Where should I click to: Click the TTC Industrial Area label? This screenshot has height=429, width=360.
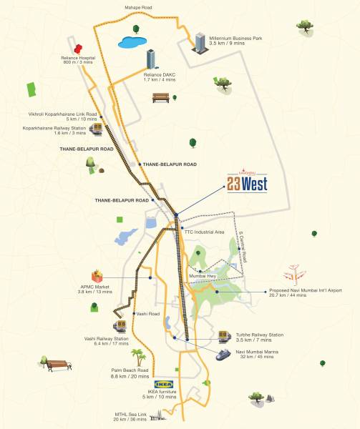[205, 232]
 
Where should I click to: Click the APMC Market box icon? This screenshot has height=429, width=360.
[97, 276]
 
